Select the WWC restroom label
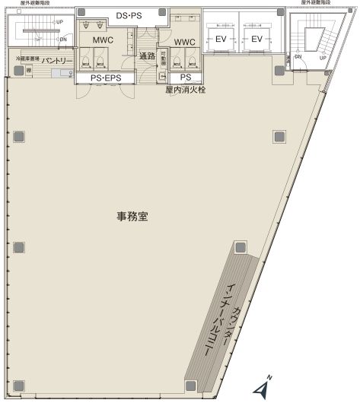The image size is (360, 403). (x=184, y=42)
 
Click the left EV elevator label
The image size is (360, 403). (x=221, y=39)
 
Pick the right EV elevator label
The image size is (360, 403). (x=256, y=39)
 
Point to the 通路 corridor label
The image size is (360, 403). (x=147, y=56)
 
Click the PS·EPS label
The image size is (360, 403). (x=103, y=77)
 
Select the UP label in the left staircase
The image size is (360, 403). (x=59, y=21)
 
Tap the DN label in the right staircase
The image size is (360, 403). (x=298, y=57)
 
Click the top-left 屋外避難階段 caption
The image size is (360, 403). (x=30, y=3)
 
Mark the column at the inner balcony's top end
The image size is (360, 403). (x=241, y=247)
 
